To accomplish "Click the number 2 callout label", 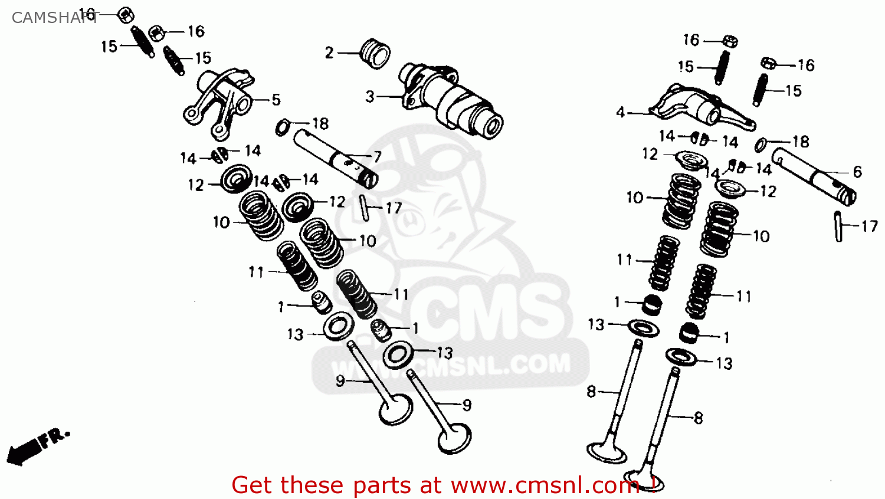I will [x=329, y=53].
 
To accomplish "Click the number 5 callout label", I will [x=276, y=100].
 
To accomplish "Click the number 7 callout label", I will [x=377, y=157].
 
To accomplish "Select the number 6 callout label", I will [x=857, y=172].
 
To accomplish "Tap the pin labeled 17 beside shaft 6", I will [x=838, y=226].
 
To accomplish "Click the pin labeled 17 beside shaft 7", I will [x=365, y=208].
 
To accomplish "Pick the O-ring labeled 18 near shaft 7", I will [x=283, y=126].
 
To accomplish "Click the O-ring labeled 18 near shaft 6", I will [x=762, y=145].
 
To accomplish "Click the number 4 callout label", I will [x=620, y=112].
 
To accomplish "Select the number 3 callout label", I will [x=370, y=96].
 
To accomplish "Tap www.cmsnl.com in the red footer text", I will [x=545, y=485].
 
